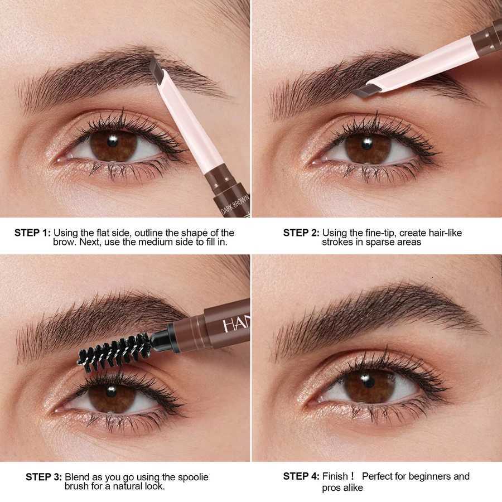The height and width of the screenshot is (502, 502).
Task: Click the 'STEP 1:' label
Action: [32, 233]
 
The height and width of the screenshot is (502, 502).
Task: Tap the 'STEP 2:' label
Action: [301, 233]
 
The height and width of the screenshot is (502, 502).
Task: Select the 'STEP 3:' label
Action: [44, 477]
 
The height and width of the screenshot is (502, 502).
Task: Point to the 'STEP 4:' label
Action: [301, 476]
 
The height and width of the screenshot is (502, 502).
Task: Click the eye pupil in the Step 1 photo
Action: [114, 140]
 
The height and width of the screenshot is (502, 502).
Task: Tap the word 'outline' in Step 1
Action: [142, 233]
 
